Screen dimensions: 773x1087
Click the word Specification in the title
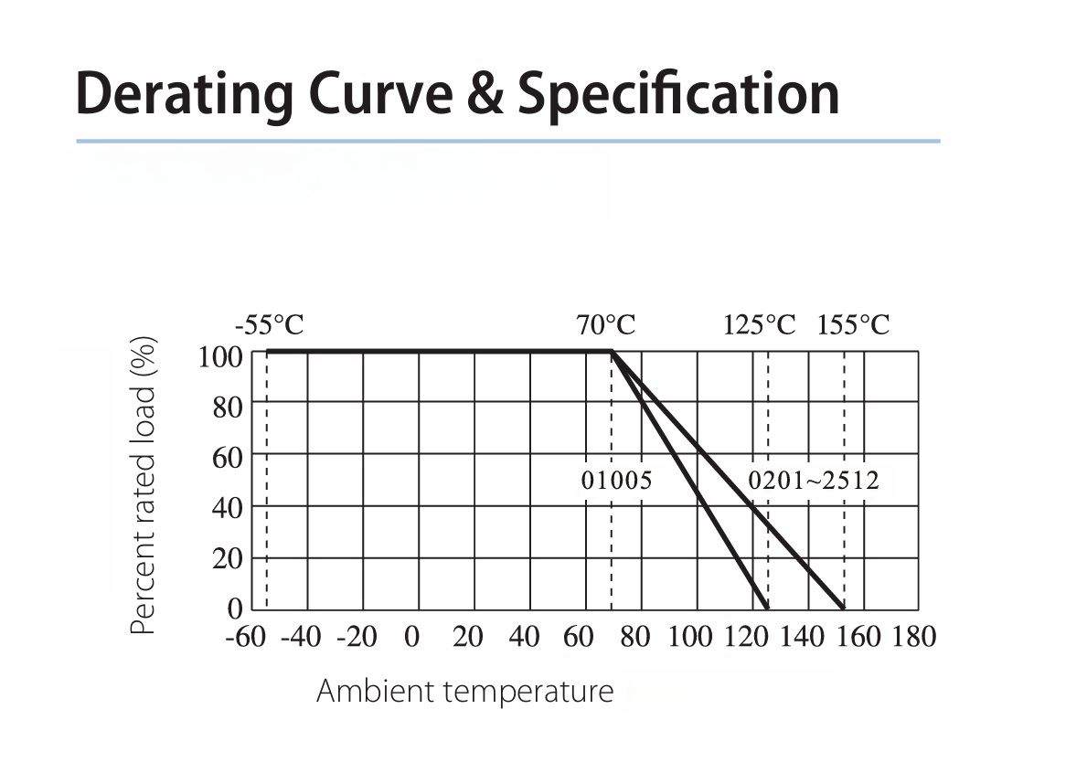[x=677, y=93]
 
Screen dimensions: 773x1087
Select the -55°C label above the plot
[x=269, y=325]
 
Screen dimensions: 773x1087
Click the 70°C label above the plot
[x=605, y=325]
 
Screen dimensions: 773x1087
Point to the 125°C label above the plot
[x=760, y=325]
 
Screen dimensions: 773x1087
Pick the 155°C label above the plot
[x=853, y=325]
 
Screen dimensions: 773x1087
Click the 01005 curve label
[x=617, y=481]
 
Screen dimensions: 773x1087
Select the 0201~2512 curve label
[x=814, y=481]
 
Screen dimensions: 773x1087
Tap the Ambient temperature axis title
[x=464, y=691]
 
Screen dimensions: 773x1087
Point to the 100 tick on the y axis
[x=220, y=355]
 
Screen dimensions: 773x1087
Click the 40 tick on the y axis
[x=227, y=507]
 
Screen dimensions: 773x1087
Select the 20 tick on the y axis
[x=227, y=558]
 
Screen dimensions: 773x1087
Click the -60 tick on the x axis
[x=244, y=637]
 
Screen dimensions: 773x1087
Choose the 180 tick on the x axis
[x=914, y=637]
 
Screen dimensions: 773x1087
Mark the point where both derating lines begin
[x=612, y=351]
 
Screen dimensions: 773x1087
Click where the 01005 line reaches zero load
[x=766, y=608]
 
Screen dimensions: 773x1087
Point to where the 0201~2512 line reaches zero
[x=843, y=608]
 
